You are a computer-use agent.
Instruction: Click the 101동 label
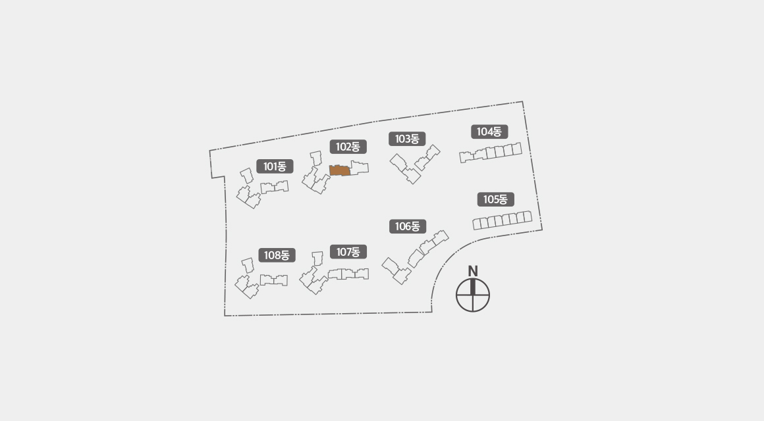(275, 166)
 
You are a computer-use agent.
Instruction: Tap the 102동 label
(348, 147)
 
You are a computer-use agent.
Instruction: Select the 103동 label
(407, 139)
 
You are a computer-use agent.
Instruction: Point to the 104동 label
(489, 132)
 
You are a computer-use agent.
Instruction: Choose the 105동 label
(495, 199)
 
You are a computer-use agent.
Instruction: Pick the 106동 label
(407, 226)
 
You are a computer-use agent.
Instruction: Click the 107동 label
(348, 252)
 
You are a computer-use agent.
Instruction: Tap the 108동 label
(276, 255)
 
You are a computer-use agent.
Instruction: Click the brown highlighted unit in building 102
(340, 170)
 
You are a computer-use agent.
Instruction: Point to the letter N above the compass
(473, 271)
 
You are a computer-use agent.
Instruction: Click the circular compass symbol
(473, 295)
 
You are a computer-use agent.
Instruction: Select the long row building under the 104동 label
(491, 153)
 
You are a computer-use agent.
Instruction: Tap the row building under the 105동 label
(503, 220)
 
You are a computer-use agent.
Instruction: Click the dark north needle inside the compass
(473, 287)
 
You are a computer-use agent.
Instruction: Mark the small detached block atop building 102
(316, 158)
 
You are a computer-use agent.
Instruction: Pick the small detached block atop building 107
(317, 259)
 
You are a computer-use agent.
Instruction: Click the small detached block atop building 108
(248, 265)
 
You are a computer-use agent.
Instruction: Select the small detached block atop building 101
(247, 176)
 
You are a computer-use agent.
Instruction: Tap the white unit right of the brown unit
(360, 168)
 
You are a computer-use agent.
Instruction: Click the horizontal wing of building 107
(348, 274)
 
